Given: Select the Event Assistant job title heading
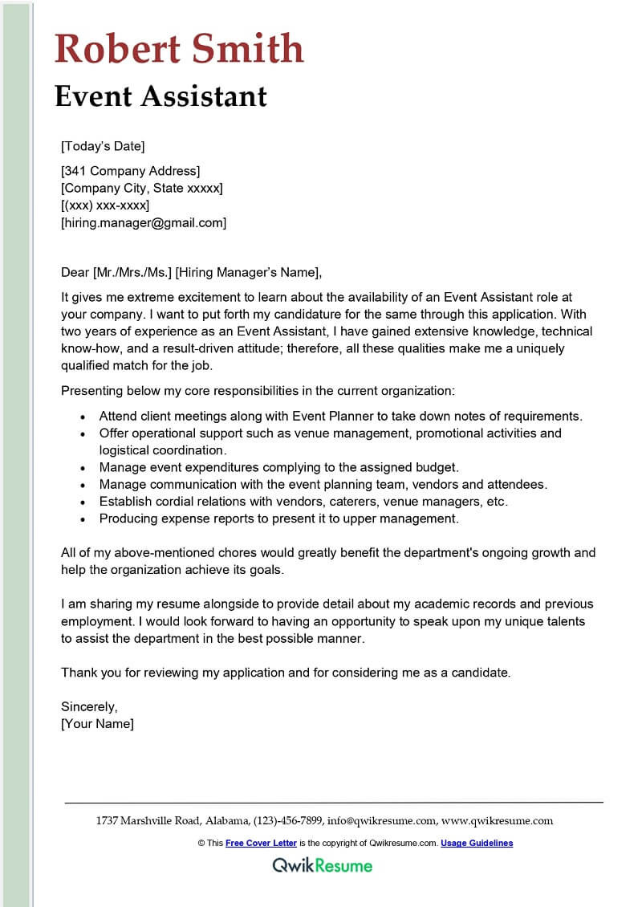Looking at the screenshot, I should (160, 96).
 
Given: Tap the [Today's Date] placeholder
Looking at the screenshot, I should (103, 146).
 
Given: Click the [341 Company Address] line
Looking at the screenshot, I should (130, 171).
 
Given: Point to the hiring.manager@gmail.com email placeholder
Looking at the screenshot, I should (144, 223).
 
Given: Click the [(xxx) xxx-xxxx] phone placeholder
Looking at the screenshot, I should (105, 205).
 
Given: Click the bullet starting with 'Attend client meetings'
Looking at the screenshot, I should (340, 417).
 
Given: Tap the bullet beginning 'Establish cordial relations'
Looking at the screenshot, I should (303, 502).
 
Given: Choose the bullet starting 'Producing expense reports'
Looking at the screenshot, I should (278, 519).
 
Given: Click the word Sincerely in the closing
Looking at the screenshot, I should (89, 707).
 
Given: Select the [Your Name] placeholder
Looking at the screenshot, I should (97, 724).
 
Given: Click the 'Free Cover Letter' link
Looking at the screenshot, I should (261, 844).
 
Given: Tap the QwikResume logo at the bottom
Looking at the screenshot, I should (322, 865).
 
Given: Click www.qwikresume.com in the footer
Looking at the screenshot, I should (498, 821).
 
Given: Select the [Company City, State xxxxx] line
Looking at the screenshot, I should (142, 189).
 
